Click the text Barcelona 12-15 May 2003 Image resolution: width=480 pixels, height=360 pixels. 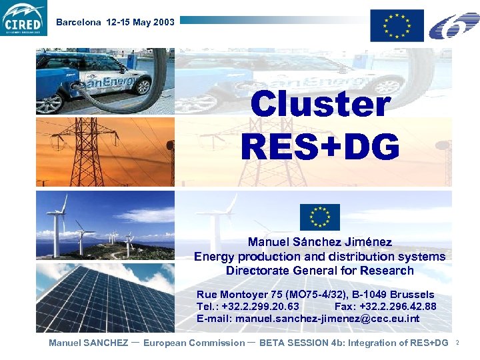pyautogui.click(x=115, y=22)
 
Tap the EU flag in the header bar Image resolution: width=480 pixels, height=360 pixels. pyautogui.click(x=397, y=25)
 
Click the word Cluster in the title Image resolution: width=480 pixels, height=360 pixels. pyautogui.click(x=320, y=105)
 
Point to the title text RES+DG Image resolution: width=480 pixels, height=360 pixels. pyautogui.click(x=320, y=147)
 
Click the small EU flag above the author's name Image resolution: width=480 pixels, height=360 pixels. pyautogui.click(x=319, y=217)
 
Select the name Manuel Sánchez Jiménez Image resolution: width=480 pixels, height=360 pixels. pyautogui.click(x=319, y=242)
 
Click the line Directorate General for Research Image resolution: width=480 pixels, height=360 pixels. pyautogui.click(x=319, y=271)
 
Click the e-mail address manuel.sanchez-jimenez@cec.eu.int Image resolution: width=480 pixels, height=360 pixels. pyautogui.click(x=327, y=319)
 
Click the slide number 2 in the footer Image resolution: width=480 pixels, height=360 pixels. pyautogui.click(x=457, y=343)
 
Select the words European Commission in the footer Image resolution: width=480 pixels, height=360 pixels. pyautogui.click(x=194, y=343)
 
